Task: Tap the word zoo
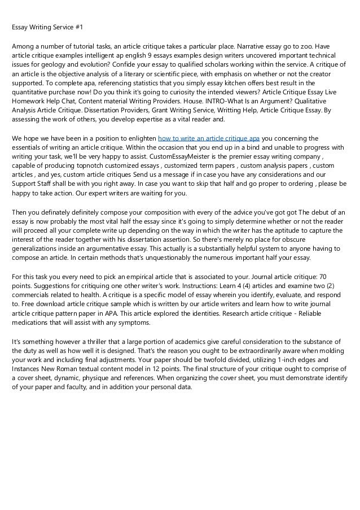pos(305,46)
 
